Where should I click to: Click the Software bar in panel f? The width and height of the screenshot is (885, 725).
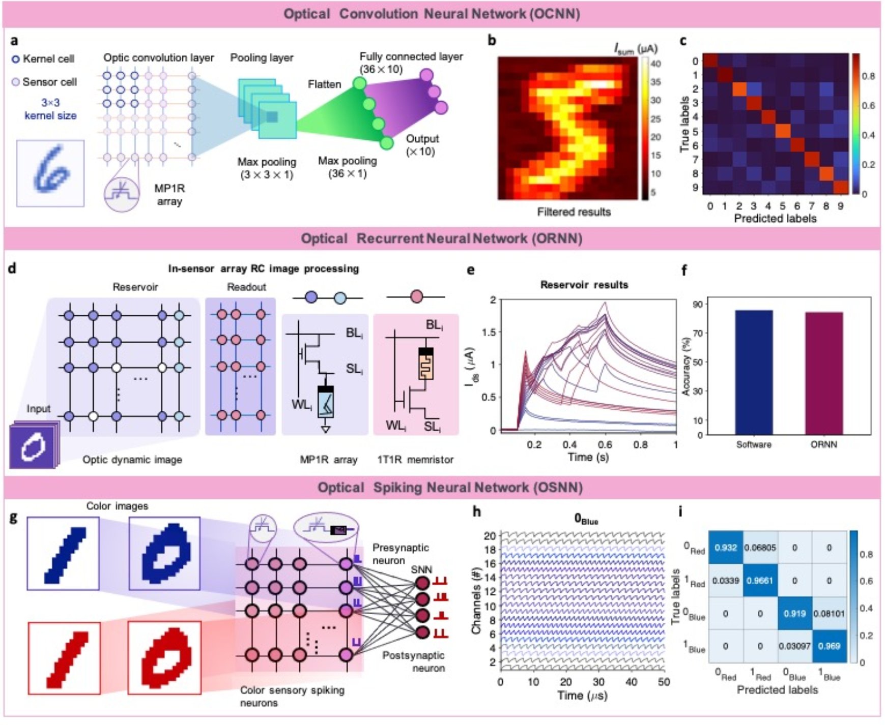(753, 372)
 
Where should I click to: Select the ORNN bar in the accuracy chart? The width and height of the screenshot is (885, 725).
(823, 373)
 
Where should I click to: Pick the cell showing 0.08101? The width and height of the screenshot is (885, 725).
(829, 614)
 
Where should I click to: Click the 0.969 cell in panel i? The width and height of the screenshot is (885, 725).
(829, 646)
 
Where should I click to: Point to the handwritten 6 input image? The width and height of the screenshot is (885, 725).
(50, 173)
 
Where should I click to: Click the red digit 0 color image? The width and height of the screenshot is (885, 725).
(164, 657)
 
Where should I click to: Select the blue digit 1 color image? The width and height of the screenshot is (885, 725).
(63, 553)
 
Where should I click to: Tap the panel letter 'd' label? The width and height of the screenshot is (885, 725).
(12, 268)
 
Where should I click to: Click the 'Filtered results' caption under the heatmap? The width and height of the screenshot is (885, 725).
(574, 212)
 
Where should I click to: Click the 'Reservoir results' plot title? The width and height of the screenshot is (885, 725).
(584, 285)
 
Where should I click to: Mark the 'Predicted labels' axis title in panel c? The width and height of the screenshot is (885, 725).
(775, 219)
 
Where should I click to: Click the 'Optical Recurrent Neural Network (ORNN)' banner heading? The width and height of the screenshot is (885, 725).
(441, 238)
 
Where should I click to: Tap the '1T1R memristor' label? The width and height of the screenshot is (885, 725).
(415, 460)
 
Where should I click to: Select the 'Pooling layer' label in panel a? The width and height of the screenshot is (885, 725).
(262, 57)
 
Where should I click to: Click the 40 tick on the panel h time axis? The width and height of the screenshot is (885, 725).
(631, 682)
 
